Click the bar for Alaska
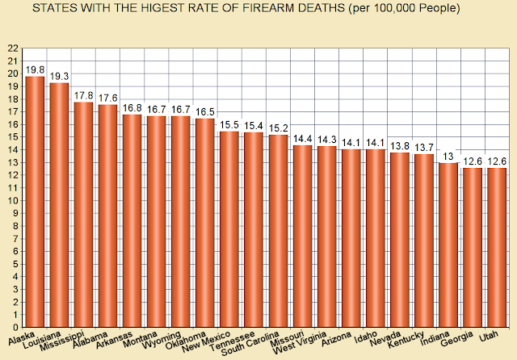(x=35, y=202)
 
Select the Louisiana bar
(x=59, y=205)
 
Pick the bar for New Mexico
(x=229, y=229)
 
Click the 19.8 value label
(x=35, y=69)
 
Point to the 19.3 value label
(x=59, y=76)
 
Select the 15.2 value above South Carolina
(x=278, y=128)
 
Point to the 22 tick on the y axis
(x=13, y=48)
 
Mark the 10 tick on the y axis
(x=13, y=200)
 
